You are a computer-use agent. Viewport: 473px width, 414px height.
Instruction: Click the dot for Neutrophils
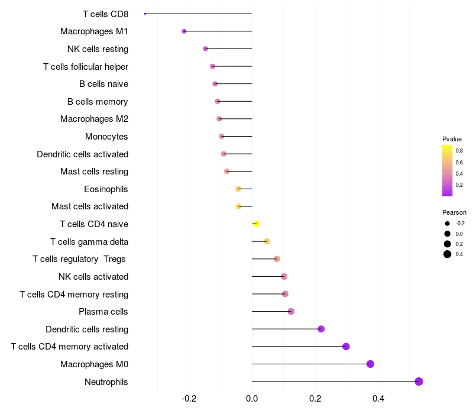pos(419,381)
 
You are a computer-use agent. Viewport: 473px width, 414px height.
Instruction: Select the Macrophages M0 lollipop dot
pos(370,364)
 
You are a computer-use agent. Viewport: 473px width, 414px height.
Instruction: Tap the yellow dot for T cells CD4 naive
pos(257,224)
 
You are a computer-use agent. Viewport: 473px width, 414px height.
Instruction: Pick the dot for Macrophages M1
pos(184,31)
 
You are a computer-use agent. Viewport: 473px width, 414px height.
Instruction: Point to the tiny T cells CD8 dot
pos(145,14)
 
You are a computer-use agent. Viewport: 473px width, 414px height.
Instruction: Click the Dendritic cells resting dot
pos(321,329)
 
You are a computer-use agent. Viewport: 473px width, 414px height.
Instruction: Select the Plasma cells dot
pos(291,311)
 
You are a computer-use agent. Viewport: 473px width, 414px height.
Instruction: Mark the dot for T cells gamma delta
pos(267,241)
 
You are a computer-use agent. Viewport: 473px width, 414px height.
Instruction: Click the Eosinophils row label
pos(106,189)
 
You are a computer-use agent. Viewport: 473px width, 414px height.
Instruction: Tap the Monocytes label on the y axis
pos(106,137)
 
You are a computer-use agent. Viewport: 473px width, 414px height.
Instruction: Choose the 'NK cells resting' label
pos(98,49)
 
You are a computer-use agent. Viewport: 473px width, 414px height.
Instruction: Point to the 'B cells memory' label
pos(98,102)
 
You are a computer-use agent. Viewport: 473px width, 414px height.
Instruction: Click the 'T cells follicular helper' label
pos(86,66)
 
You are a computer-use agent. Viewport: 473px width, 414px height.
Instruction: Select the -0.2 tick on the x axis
pos(189,399)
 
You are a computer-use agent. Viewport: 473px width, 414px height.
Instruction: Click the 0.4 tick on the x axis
pos(378,399)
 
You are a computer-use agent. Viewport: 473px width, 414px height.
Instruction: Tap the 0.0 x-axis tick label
pos(252,399)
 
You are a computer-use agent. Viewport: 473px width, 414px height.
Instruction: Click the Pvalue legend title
pos(452,139)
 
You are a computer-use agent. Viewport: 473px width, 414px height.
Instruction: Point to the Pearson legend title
pos(454,212)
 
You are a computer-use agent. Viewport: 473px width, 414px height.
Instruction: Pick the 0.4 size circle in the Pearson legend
pos(448,254)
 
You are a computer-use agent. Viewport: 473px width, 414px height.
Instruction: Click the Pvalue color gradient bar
pos(448,170)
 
